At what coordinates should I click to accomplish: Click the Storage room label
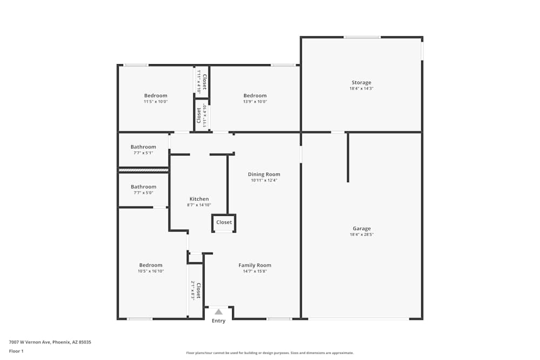[x=361, y=83]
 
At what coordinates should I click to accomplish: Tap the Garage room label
[x=361, y=228]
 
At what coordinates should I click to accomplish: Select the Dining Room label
[x=264, y=174]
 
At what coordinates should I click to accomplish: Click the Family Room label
[x=255, y=265]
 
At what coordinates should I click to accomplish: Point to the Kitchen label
[x=199, y=199]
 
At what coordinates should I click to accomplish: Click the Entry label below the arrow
[x=219, y=321]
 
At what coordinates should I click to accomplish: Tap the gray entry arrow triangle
[x=219, y=311]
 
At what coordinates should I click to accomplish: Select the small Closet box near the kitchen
[x=224, y=222]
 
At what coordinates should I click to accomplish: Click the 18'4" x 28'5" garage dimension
[x=361, y=235]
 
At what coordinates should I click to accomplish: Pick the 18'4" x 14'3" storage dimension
[x=361, y=89]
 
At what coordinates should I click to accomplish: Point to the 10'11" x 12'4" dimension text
[x=264, y=180]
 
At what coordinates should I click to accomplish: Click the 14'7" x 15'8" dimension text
[x=255, y=271]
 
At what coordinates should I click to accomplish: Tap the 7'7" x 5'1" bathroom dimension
[x=143, y=153]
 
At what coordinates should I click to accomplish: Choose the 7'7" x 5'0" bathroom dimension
[x=143, y=193]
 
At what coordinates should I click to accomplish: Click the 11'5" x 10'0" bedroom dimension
[x=156, y=101]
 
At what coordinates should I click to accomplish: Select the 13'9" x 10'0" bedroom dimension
[x=255, y=101]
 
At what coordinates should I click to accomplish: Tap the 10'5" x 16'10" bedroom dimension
[x=151, y=271]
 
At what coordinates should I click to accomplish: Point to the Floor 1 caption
[x=16, y=351]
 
